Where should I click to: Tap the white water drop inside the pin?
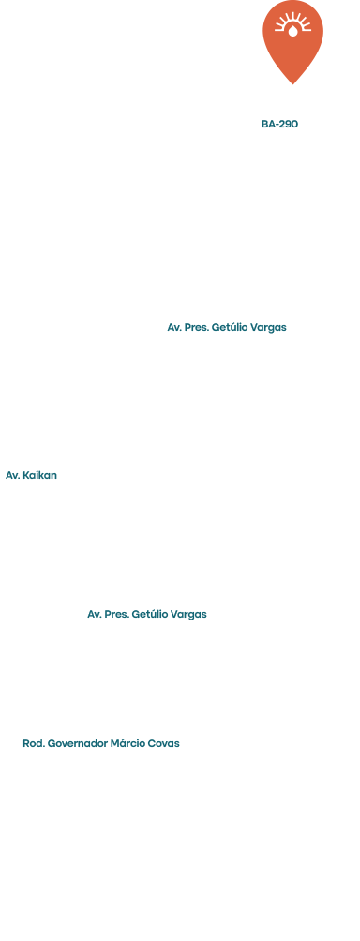(x=292, y=31)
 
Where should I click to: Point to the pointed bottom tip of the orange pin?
(x=292, y=84)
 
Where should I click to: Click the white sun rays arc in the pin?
(x=292, y=20)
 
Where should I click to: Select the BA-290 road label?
(x=279, y=125)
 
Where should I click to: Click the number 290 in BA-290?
(x=288, y=125)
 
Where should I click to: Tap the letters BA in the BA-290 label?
(x=267, y=125)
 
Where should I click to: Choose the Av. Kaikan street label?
(x=31, y=476)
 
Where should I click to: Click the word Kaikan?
(x=39, y=476)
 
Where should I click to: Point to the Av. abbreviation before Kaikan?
(x=12, y=476)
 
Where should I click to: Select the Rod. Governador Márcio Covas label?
(x=101, y=743)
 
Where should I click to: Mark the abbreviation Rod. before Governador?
(x=34, y=743)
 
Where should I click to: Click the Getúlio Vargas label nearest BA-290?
(x=227, y=328)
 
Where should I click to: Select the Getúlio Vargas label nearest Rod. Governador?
(x=147, y=615)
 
